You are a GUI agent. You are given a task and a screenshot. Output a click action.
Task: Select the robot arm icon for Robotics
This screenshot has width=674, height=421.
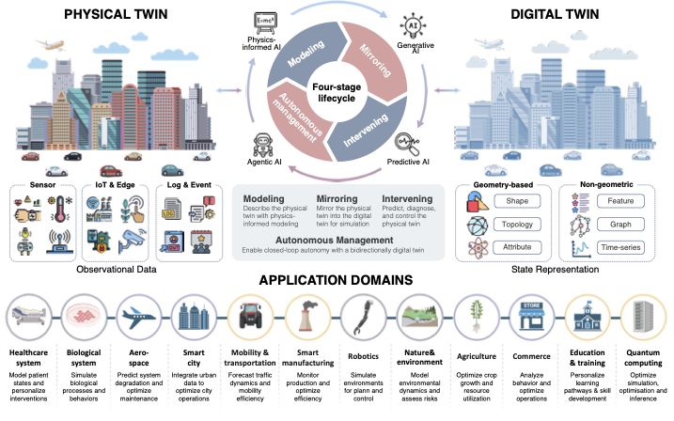(x=357, y=311)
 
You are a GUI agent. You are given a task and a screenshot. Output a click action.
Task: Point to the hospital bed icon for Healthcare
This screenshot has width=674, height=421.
(x=27, y=311)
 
